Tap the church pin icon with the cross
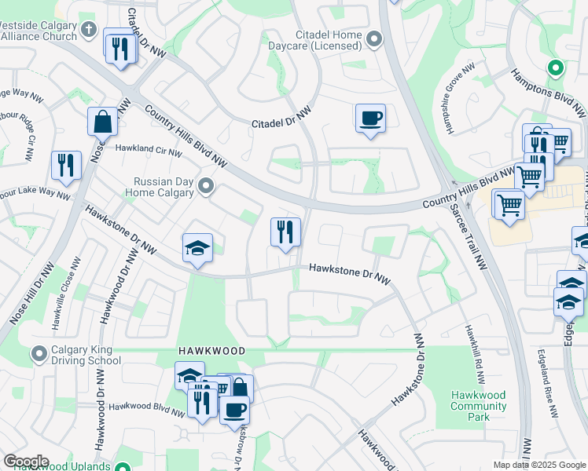[x=89, y=31]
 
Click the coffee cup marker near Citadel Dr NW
[x=370, y=119]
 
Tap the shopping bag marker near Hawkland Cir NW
[x=102, y=122]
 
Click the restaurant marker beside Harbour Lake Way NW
[x=64, y=166]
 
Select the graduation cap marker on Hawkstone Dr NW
[x=197, y=249]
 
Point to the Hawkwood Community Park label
[x=479, y=406]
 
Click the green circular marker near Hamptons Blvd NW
[x=556, y=68]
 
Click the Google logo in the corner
[x=26, y=462]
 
